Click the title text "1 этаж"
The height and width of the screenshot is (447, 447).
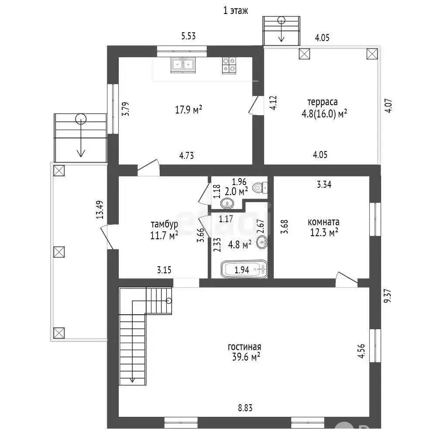235,11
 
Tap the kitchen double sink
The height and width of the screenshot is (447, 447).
183,65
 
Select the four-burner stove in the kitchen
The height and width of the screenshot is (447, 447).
229,65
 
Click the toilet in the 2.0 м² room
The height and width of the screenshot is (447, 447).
260,188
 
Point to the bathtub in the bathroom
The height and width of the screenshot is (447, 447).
244,269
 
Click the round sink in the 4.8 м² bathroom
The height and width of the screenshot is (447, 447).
262,242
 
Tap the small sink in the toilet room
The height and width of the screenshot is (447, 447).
227,203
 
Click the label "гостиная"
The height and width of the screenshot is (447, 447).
244,347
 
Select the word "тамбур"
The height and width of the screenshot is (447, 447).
165,224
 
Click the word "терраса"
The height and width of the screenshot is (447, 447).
323,102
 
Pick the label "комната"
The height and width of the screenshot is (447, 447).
323,222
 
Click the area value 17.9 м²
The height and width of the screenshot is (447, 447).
189,110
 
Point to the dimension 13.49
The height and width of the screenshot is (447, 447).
100,210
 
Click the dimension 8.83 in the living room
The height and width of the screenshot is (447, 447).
245,408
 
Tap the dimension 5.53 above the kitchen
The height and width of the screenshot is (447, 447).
189,36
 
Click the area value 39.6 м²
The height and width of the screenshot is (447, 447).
246,357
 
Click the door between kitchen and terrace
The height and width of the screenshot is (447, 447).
254,105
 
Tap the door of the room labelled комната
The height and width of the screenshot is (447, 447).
346,279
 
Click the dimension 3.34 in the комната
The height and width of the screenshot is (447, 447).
324,185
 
